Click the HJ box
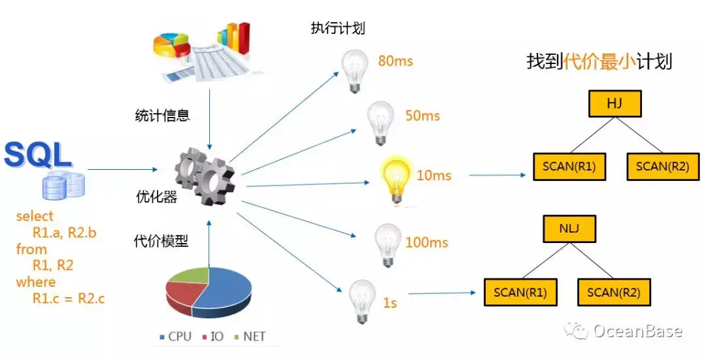point(614,103)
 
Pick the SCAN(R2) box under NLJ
point(614,292)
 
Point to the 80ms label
point(395,61)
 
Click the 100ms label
point(427,242)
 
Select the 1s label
point(390,303)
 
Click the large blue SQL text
point(37,155)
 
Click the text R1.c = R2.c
point(69,299)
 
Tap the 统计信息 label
point(161,116)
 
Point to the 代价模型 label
point(161,241)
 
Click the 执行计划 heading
point(338,29)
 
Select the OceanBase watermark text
point(638,331)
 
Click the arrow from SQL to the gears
point(122,170)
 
